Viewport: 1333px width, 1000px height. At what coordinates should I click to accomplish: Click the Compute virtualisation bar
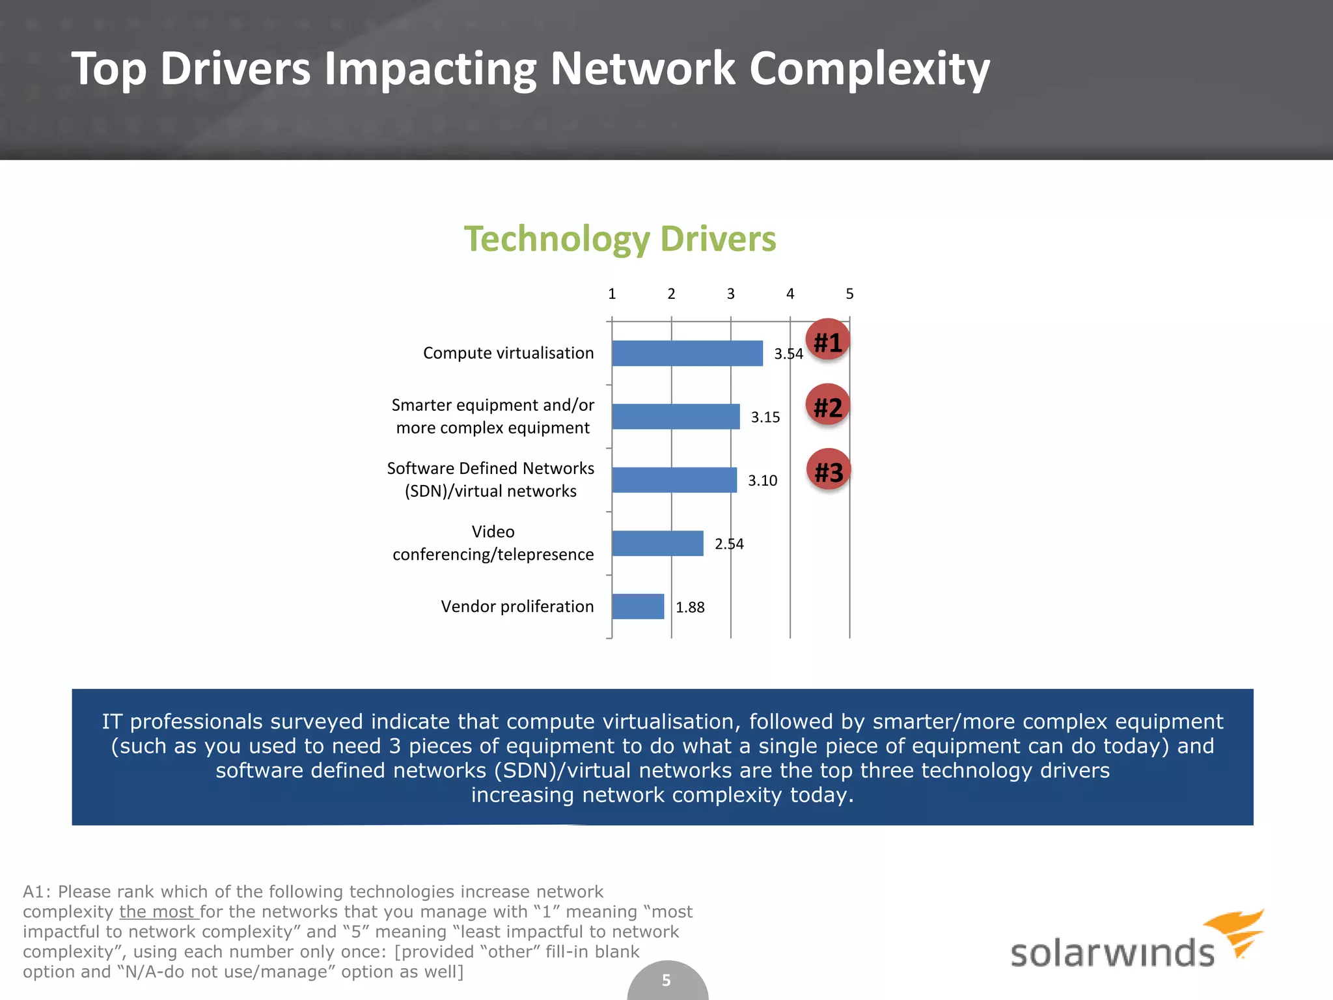687,354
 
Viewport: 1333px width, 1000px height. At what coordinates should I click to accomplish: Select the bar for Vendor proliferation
638,607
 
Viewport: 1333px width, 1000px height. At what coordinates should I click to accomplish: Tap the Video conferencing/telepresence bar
657,544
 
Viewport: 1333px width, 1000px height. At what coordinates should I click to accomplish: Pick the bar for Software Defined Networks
674,480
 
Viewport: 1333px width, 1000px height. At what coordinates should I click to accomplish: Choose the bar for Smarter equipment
676,417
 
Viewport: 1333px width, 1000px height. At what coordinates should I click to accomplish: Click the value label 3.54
788,354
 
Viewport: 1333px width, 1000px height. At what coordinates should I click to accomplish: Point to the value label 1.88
690,607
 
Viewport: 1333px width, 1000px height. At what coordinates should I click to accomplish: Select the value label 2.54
729,544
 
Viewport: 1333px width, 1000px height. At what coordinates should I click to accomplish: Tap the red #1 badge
828,342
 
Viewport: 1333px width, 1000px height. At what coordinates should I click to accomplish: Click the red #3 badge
829,472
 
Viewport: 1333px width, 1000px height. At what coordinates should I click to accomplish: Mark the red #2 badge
828,407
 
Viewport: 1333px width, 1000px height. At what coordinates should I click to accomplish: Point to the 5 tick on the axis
849,294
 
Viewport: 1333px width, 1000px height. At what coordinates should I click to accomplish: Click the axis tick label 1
612,294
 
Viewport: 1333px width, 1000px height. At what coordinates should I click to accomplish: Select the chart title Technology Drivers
620,239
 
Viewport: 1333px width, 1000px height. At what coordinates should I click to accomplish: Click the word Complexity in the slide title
869,70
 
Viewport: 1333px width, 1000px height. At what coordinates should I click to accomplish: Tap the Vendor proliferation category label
517,607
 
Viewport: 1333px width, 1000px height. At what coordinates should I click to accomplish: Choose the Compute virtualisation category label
508,354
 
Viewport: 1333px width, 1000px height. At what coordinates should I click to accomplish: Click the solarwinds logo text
1112,953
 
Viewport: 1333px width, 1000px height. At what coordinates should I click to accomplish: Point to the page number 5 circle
666,980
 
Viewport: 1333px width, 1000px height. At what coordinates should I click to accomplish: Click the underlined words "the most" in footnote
157,912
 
